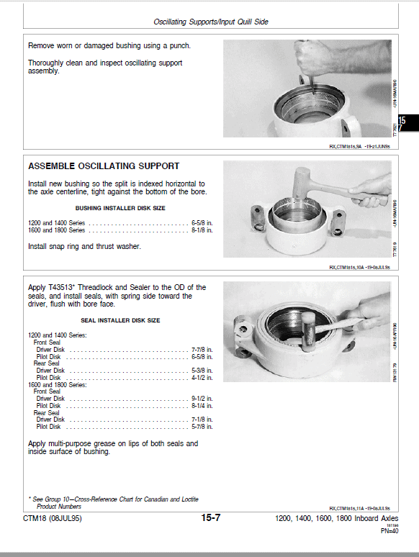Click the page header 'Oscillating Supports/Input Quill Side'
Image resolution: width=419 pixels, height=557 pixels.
[x=211, y=22]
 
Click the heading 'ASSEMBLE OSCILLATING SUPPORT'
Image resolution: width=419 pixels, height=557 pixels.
[x=104, y=166]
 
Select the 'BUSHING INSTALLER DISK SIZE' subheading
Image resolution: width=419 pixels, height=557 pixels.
[x=120, y=208]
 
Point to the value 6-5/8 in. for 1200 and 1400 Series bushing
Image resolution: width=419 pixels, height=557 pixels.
[x=202, y=222]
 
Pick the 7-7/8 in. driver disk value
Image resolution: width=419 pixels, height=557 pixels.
[x=202, y=350]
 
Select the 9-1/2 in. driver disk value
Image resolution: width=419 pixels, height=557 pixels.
[x=202, y=399]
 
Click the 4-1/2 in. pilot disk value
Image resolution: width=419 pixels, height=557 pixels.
[x=202, y=378]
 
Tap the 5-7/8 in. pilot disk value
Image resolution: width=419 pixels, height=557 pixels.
[x=202, y=427]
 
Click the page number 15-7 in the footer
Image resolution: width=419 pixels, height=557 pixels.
[x=210, y=518]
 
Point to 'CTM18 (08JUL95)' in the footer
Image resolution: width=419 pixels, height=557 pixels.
[x=53, y=518]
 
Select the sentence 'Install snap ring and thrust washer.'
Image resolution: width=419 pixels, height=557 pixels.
[x=84, y=247]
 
